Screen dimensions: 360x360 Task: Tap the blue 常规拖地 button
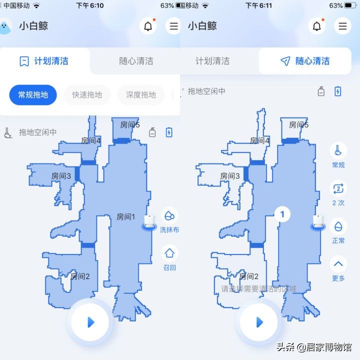tap(33, 94)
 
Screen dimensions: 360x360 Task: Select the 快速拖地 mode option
tap(87, 94)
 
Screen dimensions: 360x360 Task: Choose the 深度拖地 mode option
tap(141, 94)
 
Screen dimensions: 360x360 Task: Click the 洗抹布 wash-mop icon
tap(169, 216)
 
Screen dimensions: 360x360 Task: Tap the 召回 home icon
tap(169, 253)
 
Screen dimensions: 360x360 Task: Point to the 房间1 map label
tap(125, 216)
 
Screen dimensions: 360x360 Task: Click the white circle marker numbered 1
tap(282, 214)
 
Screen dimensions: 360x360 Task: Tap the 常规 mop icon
tap(338, 151)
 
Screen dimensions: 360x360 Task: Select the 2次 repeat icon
tap(338, 189)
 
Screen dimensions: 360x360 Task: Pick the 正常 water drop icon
tap(338, 226)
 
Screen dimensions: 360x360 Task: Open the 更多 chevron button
tap(338, 264)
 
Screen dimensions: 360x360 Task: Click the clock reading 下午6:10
tap(90, 5)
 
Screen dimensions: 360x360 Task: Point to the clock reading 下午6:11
tap(259, 5)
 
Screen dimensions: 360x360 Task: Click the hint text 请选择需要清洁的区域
tap(258, 288)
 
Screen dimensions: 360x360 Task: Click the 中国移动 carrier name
tap(16, 5)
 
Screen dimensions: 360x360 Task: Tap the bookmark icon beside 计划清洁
tap(24, 61)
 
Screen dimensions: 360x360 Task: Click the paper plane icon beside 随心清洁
tap(285, 61)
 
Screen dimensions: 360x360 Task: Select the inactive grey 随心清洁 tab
tap(136, 61)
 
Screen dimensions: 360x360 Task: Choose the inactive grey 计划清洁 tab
tap(212, 61)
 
